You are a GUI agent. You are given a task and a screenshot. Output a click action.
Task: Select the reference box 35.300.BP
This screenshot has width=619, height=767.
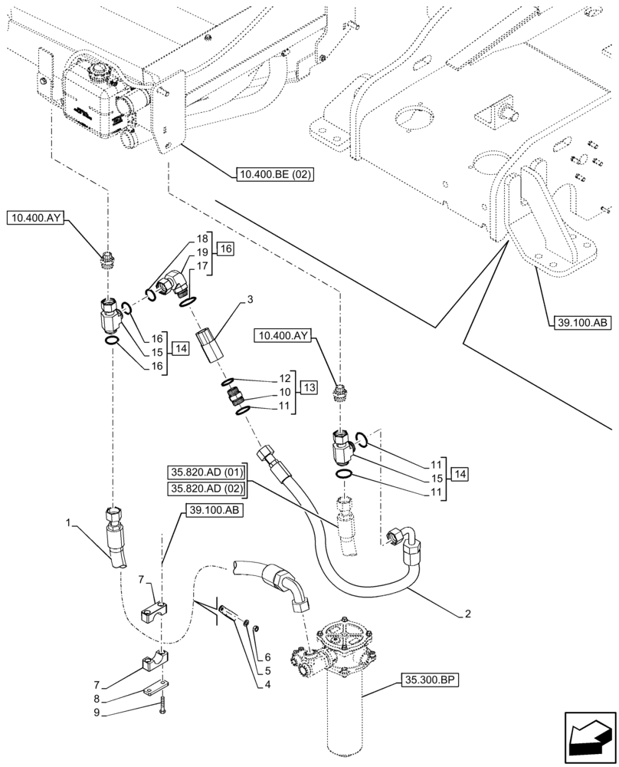click(427, 680)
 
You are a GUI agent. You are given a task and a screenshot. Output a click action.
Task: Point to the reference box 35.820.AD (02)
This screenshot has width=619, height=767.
click(205, 488)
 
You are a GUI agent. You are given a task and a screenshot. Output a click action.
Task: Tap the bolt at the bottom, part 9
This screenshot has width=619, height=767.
click(163, 709)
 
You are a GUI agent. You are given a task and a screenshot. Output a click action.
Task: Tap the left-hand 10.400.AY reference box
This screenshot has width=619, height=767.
click(36, 219)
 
